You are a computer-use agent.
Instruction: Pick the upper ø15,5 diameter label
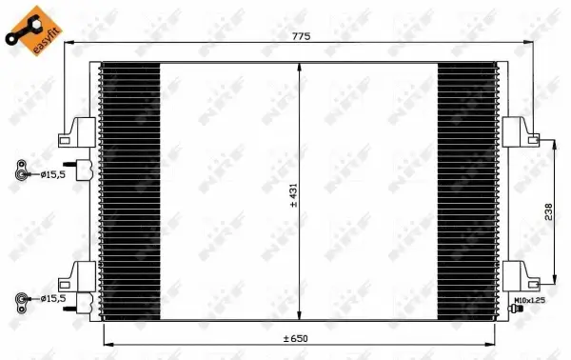click(x=53, y=174)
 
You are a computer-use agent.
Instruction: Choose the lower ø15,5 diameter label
click(x=53, y=298)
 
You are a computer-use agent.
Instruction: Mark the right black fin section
click(x=467, y=194)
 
